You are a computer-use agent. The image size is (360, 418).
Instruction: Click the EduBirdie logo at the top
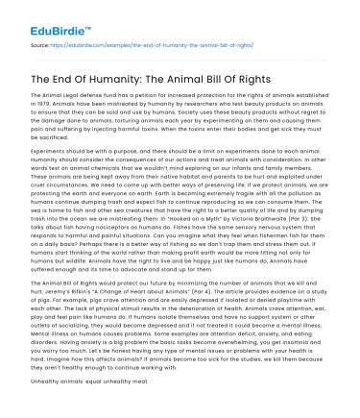46,16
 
